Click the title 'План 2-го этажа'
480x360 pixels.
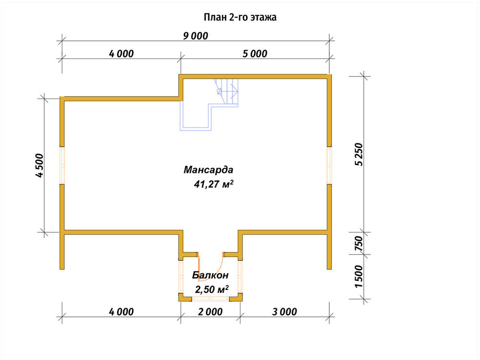240,17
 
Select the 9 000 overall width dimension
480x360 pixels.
196,36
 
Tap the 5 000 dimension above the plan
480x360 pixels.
255,54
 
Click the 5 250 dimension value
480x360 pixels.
359,154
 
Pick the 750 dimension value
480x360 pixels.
359,244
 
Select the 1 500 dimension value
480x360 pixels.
359,276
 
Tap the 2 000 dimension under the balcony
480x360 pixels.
210,312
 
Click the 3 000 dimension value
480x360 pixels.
285,312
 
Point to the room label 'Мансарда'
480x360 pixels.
208,169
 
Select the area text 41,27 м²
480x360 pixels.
214,184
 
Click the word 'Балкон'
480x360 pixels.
210,275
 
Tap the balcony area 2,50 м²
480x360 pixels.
212,288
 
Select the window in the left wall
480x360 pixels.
62,165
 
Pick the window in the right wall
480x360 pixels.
329,165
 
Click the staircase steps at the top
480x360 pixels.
227,91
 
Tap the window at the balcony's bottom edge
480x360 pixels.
210,299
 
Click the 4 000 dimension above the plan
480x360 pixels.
121,54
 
